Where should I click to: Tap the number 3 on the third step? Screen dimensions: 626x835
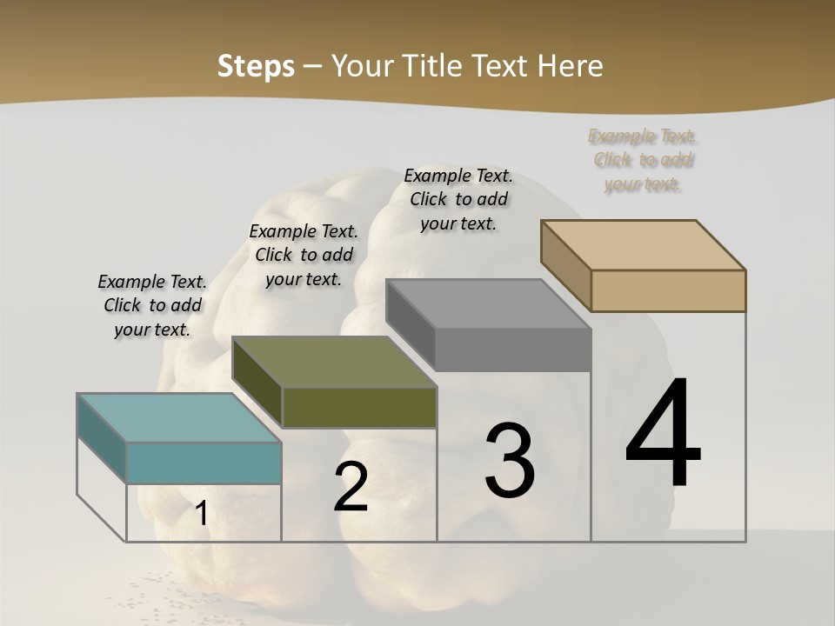coord(510,461)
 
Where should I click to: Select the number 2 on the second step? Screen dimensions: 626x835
coord(351,487)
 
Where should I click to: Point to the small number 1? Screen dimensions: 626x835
coord(201,514)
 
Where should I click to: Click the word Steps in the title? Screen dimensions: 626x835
coord(256,66)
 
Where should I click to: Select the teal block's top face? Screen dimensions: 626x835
coord(179,417)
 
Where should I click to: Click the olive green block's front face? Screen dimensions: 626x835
coord(359,408)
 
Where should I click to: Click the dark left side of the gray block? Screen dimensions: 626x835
coord(410,323)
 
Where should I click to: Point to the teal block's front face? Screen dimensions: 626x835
coord(204,463)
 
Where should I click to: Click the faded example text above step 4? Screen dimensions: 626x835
coord(643,160)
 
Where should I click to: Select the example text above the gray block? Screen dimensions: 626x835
coord(458,199)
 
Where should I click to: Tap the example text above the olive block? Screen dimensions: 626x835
coord(304,255)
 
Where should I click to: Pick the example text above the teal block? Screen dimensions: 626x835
coord(152,305)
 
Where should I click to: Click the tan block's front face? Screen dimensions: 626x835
coord(668,290)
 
